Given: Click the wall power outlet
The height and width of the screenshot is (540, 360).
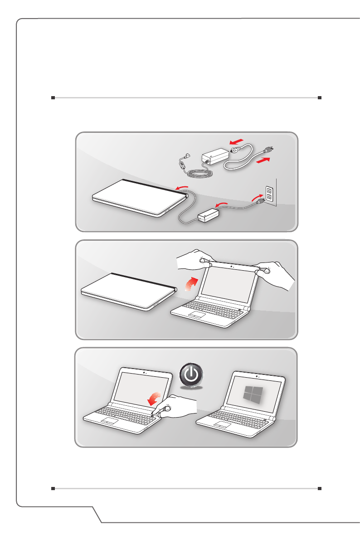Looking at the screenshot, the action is (x=269, y=194).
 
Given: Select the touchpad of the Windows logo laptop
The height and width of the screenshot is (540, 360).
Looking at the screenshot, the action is (x=223, y=424).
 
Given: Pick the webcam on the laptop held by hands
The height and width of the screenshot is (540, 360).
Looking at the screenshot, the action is (x=232, y=266).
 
